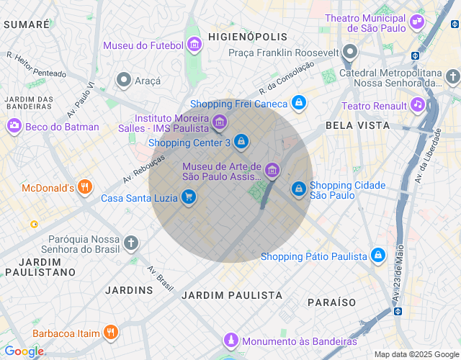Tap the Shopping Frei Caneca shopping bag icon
coord(299,104)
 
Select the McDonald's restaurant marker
coord(85,188)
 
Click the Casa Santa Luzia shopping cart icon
coord(189,197)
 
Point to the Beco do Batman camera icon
coord(14,127)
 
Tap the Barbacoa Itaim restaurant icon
coord(110,333)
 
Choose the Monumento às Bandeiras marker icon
coord(230,341)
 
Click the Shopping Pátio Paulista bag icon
coord(377,256)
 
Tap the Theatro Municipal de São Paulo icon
coord(416,22)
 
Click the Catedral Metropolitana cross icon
coord(452,76)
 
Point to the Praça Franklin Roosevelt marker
coord(350,53)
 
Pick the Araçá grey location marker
coord(124,81)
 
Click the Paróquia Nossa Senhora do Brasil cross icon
coord(130,243)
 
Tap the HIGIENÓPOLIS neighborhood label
coord(247,36)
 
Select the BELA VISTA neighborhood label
coord(357,125)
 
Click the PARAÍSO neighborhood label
coord(333,301)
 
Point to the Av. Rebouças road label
coord(140,168)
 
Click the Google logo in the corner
coord(24,351)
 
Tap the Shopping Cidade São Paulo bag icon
coord(298,189)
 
